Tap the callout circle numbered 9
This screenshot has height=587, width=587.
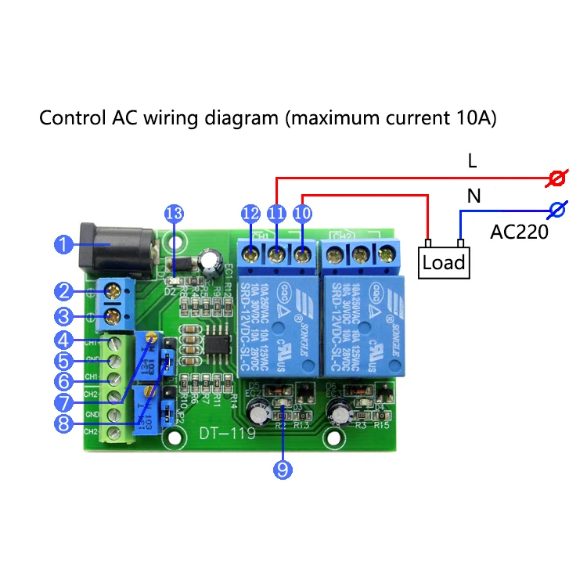click(x=283, y=469)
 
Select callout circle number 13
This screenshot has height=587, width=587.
click(x=174, y=213)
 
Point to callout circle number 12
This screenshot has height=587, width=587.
click(x=251, y=213)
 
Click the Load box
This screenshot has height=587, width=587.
click(x=444, y=262)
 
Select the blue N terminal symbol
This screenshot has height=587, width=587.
click(x=557, y=210)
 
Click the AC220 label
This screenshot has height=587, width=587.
click(x=519, y=232)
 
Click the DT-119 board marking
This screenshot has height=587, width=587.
click(x=221, y=434)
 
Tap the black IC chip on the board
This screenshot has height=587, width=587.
click(x=219, y=347)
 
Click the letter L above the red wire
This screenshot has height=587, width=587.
click(x=472, y=161)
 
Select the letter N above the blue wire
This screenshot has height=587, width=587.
click(x=474, y=196)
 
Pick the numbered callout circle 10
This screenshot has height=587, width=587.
click(x=301, y=213)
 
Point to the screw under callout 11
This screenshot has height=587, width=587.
click(x=275, y=253)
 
